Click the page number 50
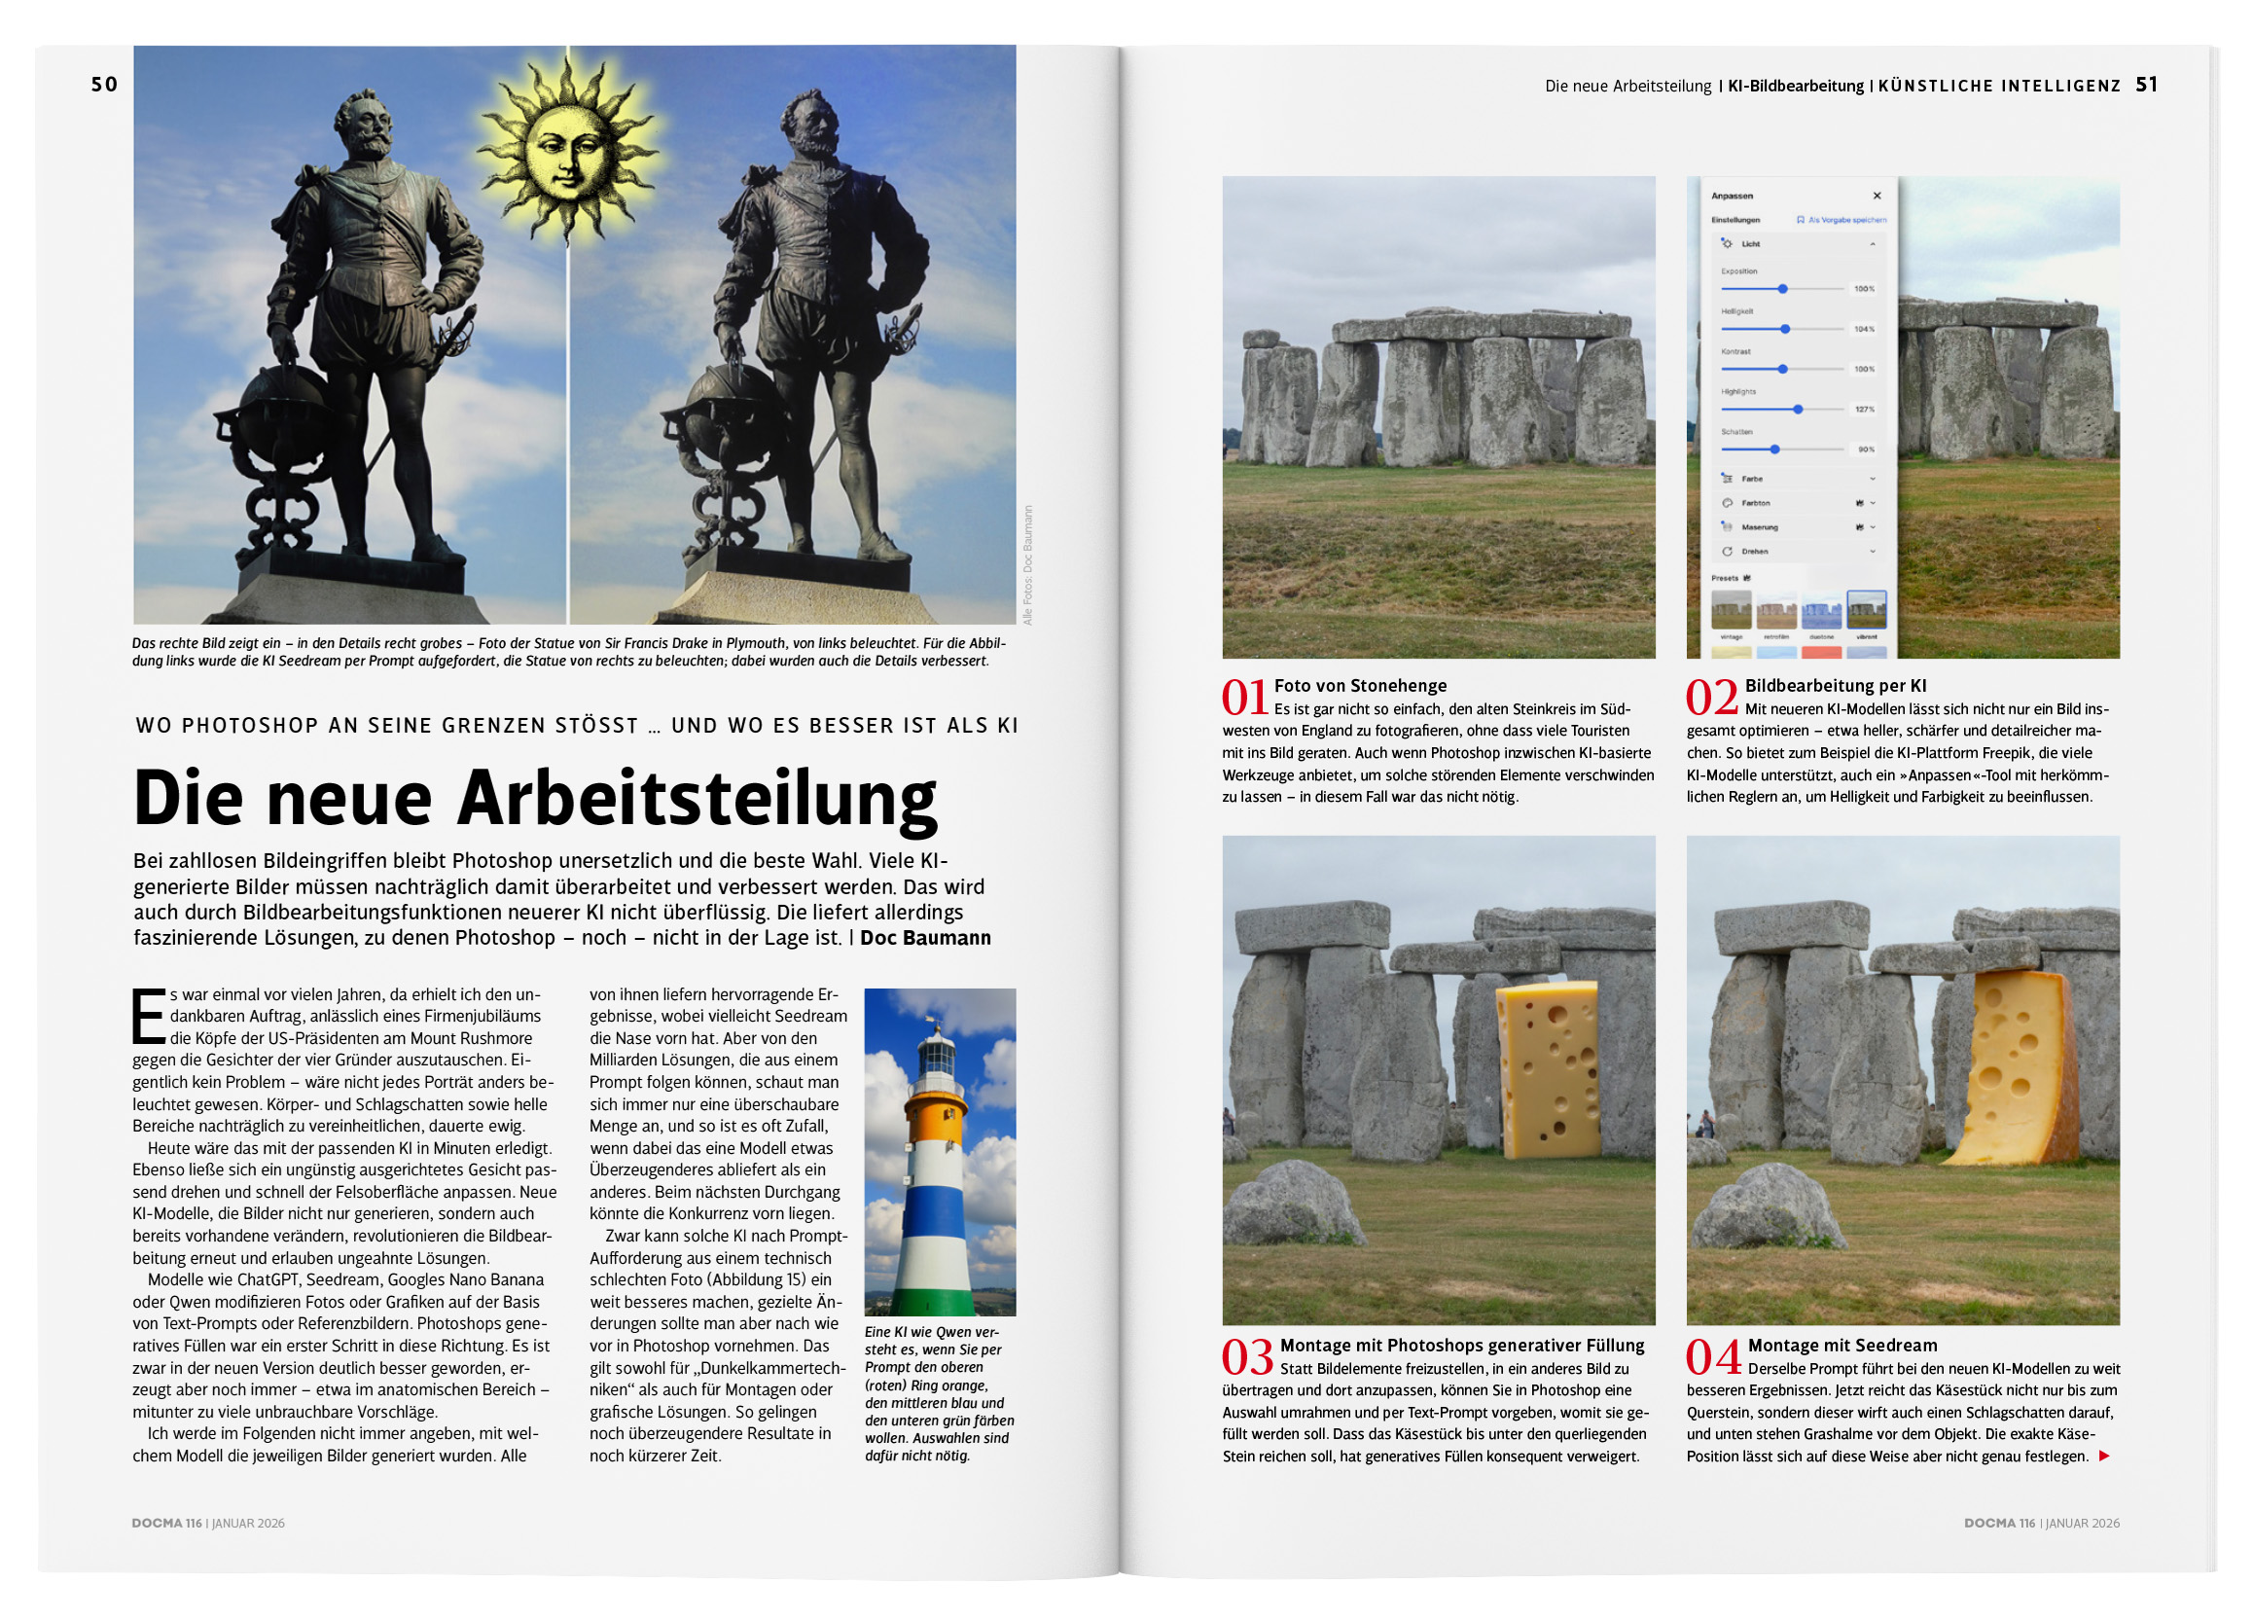104,85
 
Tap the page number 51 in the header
2146,85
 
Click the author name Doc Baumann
925,938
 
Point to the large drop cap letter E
148,1016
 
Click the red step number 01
1245,698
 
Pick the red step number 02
1710,698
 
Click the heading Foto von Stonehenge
1360,685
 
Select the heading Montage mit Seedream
1842,1345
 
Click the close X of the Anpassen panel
1877,196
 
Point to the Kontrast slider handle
1783,369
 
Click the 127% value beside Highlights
1864,410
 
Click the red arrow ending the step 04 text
2103,1457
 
